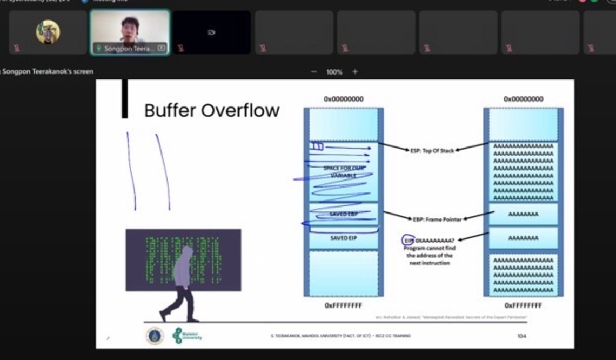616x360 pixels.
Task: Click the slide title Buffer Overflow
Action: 212,111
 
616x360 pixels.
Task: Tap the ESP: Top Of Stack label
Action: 432,150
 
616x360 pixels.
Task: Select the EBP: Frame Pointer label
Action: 437,219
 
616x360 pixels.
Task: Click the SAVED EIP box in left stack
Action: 344,238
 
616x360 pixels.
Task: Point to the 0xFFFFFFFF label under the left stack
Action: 343,306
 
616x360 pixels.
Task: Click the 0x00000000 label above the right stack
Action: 523,99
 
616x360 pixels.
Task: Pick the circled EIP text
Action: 409,241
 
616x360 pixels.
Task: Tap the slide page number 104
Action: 521,336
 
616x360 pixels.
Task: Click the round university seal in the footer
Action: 155,336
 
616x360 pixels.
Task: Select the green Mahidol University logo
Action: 178,336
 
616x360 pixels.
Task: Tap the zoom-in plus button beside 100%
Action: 355,72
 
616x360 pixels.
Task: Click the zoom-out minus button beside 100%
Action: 314,72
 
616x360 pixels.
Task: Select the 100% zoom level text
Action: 334,72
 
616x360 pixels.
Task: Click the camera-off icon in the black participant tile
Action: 211,32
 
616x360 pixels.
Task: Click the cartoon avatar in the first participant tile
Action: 48,32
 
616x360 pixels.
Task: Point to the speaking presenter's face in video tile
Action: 130,30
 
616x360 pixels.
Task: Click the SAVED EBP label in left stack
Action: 344,215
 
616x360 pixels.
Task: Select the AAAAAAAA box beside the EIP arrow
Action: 523,238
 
